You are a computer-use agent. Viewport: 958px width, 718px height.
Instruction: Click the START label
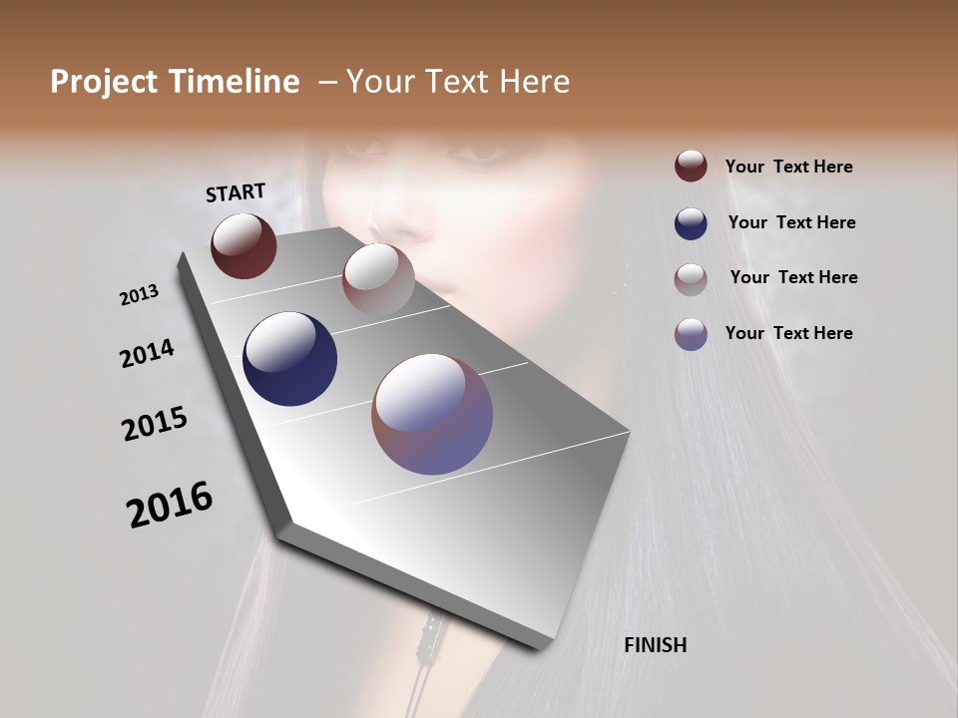point(236,192)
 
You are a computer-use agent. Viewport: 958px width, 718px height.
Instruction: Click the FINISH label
point(655,645)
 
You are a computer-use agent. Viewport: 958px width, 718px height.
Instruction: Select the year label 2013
point(139,294)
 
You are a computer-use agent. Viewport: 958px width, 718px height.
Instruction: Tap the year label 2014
point(147,354)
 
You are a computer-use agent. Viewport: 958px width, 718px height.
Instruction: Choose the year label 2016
point(170,504)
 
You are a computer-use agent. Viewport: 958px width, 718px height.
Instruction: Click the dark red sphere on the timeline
point(243,245)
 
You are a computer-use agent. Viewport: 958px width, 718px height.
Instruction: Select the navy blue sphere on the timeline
point(289,359)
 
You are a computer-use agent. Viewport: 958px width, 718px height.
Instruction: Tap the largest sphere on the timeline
point(432,414)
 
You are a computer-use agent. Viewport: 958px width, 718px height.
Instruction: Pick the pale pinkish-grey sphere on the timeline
point(378,279)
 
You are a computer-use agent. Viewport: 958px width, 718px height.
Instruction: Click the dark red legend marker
point(691,166)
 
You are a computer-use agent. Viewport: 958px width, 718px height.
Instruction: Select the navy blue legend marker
point(691,223)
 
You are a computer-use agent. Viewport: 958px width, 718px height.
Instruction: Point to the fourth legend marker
point(691,334)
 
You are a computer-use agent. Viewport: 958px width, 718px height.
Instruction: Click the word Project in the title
point(104,82)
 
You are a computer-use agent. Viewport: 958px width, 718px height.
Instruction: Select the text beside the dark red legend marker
point(788,167)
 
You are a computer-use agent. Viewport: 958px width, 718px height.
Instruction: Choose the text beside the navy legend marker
point(791,222)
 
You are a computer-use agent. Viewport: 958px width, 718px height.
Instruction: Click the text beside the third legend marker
point(793,277)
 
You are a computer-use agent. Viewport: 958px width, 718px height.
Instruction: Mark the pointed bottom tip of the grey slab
point(540,646)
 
